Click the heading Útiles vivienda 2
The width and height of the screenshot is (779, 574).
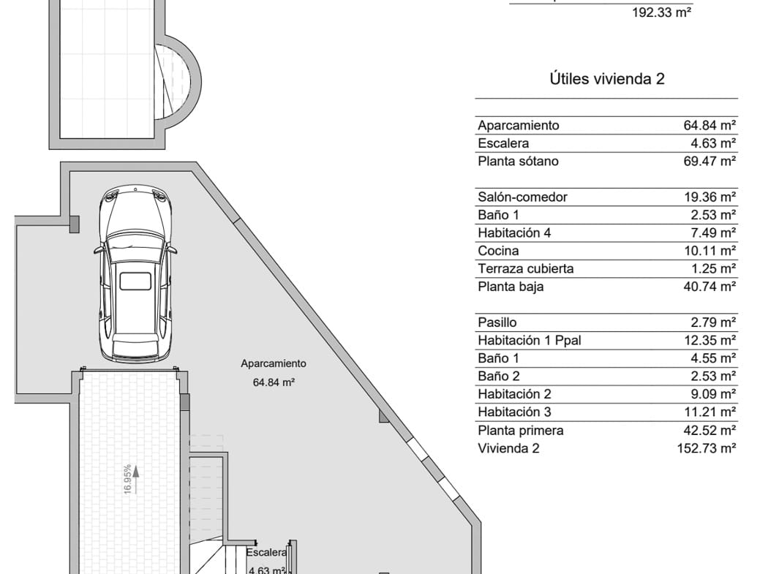606,79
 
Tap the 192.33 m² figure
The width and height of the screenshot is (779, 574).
661,12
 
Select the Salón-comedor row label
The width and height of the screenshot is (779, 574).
522,197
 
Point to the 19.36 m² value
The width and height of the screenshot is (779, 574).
708,197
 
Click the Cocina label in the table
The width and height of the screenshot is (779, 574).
498,251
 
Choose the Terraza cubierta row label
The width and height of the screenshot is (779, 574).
525,268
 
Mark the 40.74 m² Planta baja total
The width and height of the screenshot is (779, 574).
708,287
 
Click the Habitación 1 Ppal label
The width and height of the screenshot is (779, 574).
529,340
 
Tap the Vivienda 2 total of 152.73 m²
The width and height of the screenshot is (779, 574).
706,448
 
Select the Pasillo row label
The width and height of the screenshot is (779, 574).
497,322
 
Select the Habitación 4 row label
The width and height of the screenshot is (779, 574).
514,233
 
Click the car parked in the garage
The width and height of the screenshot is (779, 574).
135,274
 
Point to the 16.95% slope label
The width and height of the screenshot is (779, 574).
127,479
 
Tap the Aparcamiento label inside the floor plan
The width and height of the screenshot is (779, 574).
274,363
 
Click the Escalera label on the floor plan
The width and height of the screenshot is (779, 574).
266,553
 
